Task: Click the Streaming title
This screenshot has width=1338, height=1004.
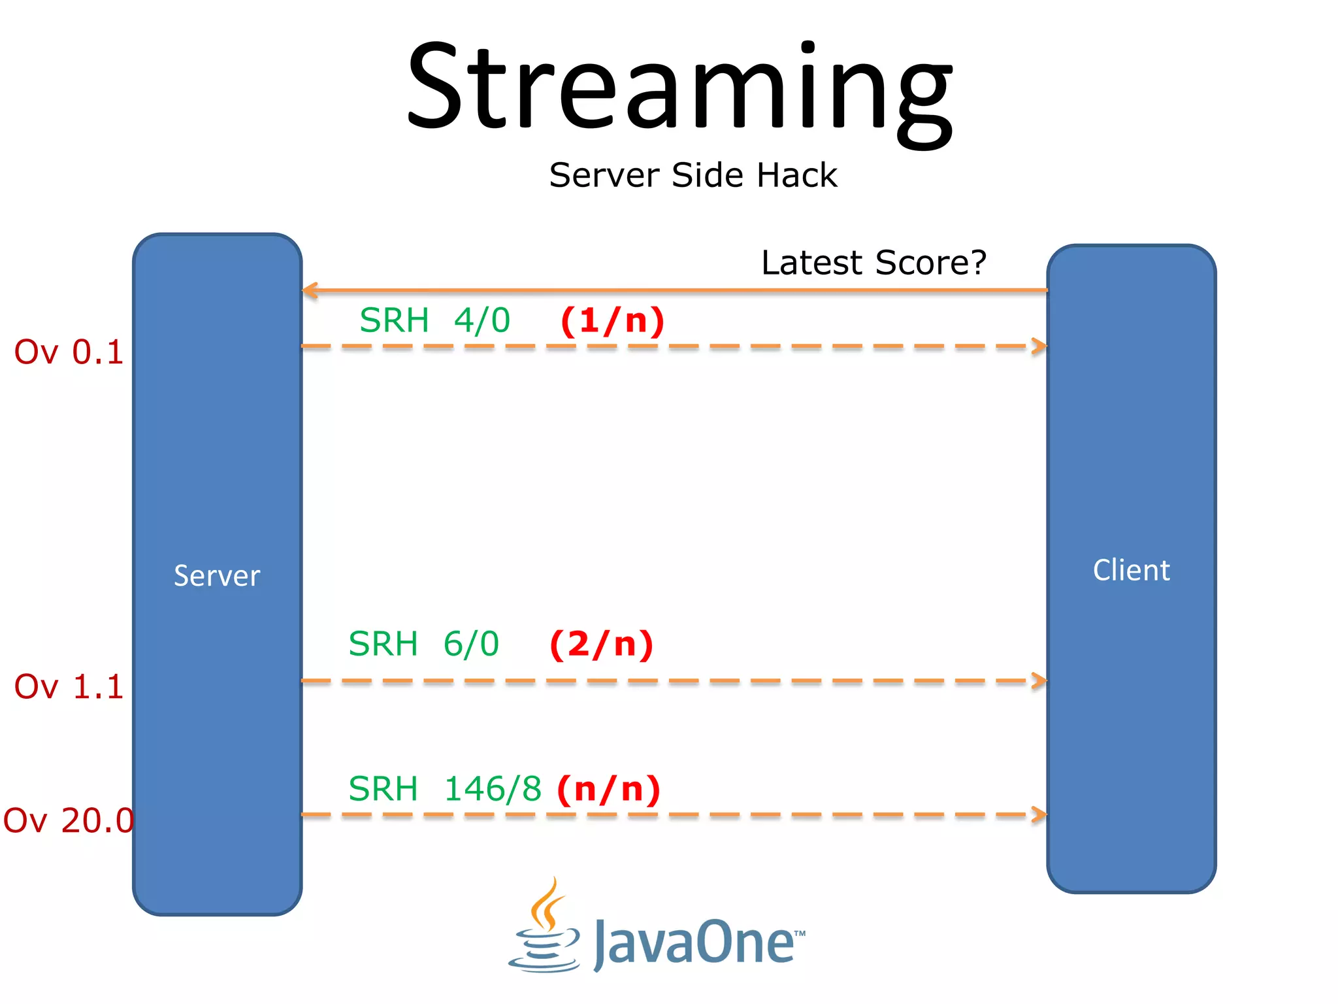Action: (x=679, y=88)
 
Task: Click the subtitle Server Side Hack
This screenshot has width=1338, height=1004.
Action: (x=693, y=175)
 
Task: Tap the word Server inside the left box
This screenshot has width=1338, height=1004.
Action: (x=217, y=576)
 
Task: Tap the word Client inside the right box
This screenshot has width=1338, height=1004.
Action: (x=1132, y=570)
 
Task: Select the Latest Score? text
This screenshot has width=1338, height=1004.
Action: (x=873, y=263)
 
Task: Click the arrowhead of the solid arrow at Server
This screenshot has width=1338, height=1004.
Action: (x=310, y=290)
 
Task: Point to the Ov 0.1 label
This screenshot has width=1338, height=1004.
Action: (x=69, y=352)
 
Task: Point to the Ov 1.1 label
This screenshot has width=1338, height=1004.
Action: (x=69, y=687)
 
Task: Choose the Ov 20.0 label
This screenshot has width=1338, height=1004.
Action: (x=69, y=820)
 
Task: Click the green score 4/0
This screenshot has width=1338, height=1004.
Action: (x=482, y=321)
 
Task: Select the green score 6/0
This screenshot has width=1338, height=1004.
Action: (x=471, y=644)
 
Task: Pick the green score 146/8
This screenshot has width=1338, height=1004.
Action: (x=493, y=789)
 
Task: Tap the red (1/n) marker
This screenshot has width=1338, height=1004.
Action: (x=613, y=321)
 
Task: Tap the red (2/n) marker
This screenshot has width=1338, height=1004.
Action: (x=602, y=644)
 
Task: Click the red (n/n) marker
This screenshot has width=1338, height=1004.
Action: (x=609, y=789)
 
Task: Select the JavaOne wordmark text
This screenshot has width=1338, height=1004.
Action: (x=696, y=943)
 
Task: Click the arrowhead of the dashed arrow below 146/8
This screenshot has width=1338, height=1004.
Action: (x=1039, y=814)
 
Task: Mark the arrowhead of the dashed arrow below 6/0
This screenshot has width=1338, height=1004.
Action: (x=1039, y=681)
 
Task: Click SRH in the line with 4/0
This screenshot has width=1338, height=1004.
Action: (x=394, y=321)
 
